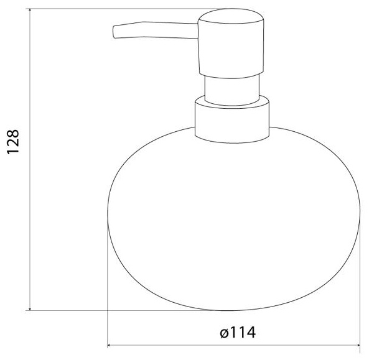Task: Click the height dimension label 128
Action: tap(13, 142)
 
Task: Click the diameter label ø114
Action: tap(238, 333)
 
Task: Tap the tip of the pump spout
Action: tap(114, 32)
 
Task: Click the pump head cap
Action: tap(231, 43)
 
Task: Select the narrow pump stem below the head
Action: tap(232, 90)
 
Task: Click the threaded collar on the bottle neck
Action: tap(232, 119)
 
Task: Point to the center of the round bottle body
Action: tap(234, 219)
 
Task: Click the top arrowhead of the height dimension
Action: tap(30, 11)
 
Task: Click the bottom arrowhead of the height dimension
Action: tap(30, 308)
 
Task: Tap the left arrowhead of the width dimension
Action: tap(110, 346)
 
